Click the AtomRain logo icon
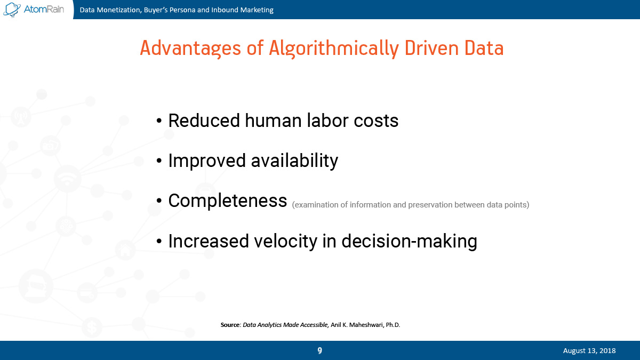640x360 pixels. pyautogui.click(x=12, y=10)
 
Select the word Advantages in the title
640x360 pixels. pyautogui.click(x=190, y=49)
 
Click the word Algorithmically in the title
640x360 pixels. pyautogui.click(x=334, y=49)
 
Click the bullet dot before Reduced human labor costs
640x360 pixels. pyautogui.click(x=159, y=121)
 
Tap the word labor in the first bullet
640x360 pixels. pyautogui.click(x=327, y=121)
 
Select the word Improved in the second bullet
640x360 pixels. pyautogui.click(x=207, y=161)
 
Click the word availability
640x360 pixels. pyautogui.click(x=294, y=161)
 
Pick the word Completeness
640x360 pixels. pyautogui.click(x=227, y=201)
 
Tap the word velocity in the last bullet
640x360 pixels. pyautogui.click(x=285, y=241)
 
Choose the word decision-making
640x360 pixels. pyautogui.click(x=410, y=241)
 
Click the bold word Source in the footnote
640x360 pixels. pyautogui.click(x=230, y=325)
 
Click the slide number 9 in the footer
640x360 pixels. pyautogui.click(x=319, y=350)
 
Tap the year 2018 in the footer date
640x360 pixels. pyautogui.click(x=607, y=350)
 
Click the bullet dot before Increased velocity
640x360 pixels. pyautogui.click(x=159, y=242)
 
